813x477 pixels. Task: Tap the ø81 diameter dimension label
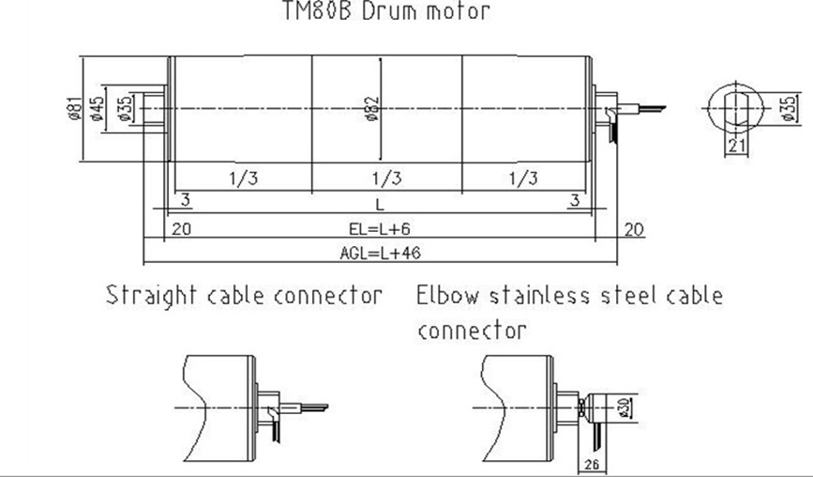(71, 110)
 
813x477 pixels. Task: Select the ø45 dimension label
(97, 110)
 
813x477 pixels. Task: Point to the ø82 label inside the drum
(372, 110)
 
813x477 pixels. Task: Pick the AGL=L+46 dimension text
(379, 254)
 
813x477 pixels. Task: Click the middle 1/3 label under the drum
(387, 178)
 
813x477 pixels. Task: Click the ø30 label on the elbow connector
(624, 407)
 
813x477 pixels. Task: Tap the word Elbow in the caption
(446, 296)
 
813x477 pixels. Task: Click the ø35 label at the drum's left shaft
(125, 110)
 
